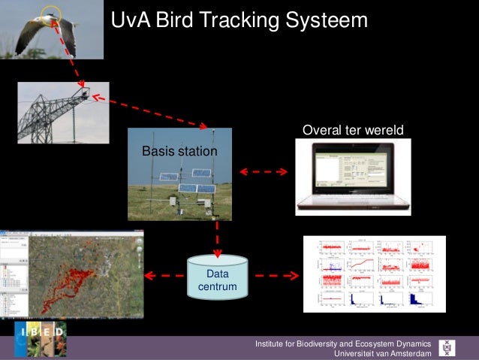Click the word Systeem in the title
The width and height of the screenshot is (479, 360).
[x=327, y=21]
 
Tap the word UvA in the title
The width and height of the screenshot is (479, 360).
[x=131, y=21]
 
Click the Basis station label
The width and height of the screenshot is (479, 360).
[x=179, y=153]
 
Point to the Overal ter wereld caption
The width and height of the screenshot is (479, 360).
[x=352, y=131]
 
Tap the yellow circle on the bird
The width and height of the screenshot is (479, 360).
[x=50, y=14]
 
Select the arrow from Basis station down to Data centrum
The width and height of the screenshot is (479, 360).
[x=217, y=236]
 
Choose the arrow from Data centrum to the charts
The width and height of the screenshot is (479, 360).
[x=275, y=276]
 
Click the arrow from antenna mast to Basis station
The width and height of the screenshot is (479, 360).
[x=150, y=113]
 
